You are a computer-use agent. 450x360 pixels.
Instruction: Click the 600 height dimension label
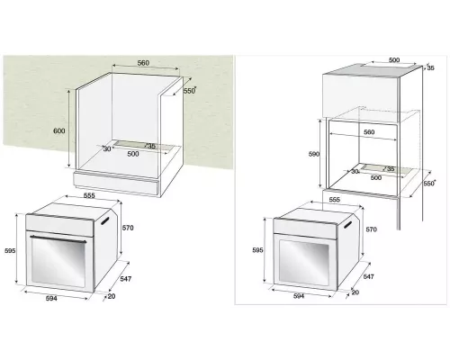59,131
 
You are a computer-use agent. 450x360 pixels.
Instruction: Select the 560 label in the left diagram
143,64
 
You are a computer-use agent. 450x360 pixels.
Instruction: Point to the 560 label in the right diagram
368,131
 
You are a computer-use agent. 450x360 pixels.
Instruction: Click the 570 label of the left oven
128,228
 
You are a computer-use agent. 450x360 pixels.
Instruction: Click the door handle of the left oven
58,238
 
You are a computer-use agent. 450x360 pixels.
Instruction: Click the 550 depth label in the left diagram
189,91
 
